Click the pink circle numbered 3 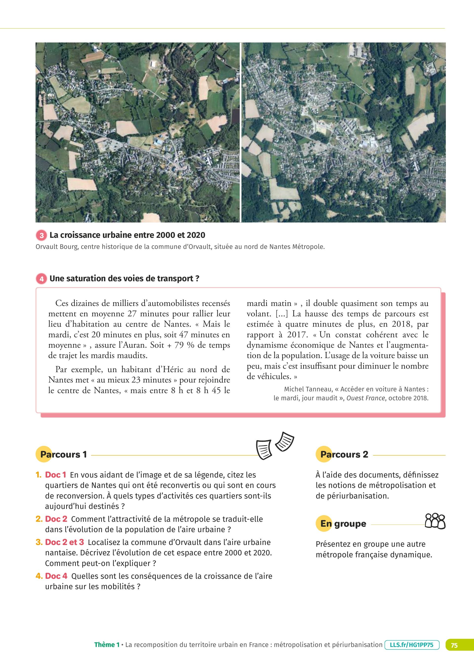tap(41, 235)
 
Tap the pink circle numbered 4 tap(41, 279)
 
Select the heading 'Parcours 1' tap(63, 454)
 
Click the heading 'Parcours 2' tap(344, 454)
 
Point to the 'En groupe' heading tap(343, 523)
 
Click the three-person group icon tap(435, 521)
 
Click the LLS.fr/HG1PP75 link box tap(412, 645)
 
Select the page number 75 tap(454, 645)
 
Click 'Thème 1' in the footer tap(107, 645)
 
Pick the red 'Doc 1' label tap(56, 475)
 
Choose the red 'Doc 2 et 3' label tap(64, 542)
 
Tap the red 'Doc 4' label tap(56, 576)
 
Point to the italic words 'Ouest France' tap(365, 398)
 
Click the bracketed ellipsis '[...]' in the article tap(282, 314)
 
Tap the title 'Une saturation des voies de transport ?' tap(124, 279)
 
